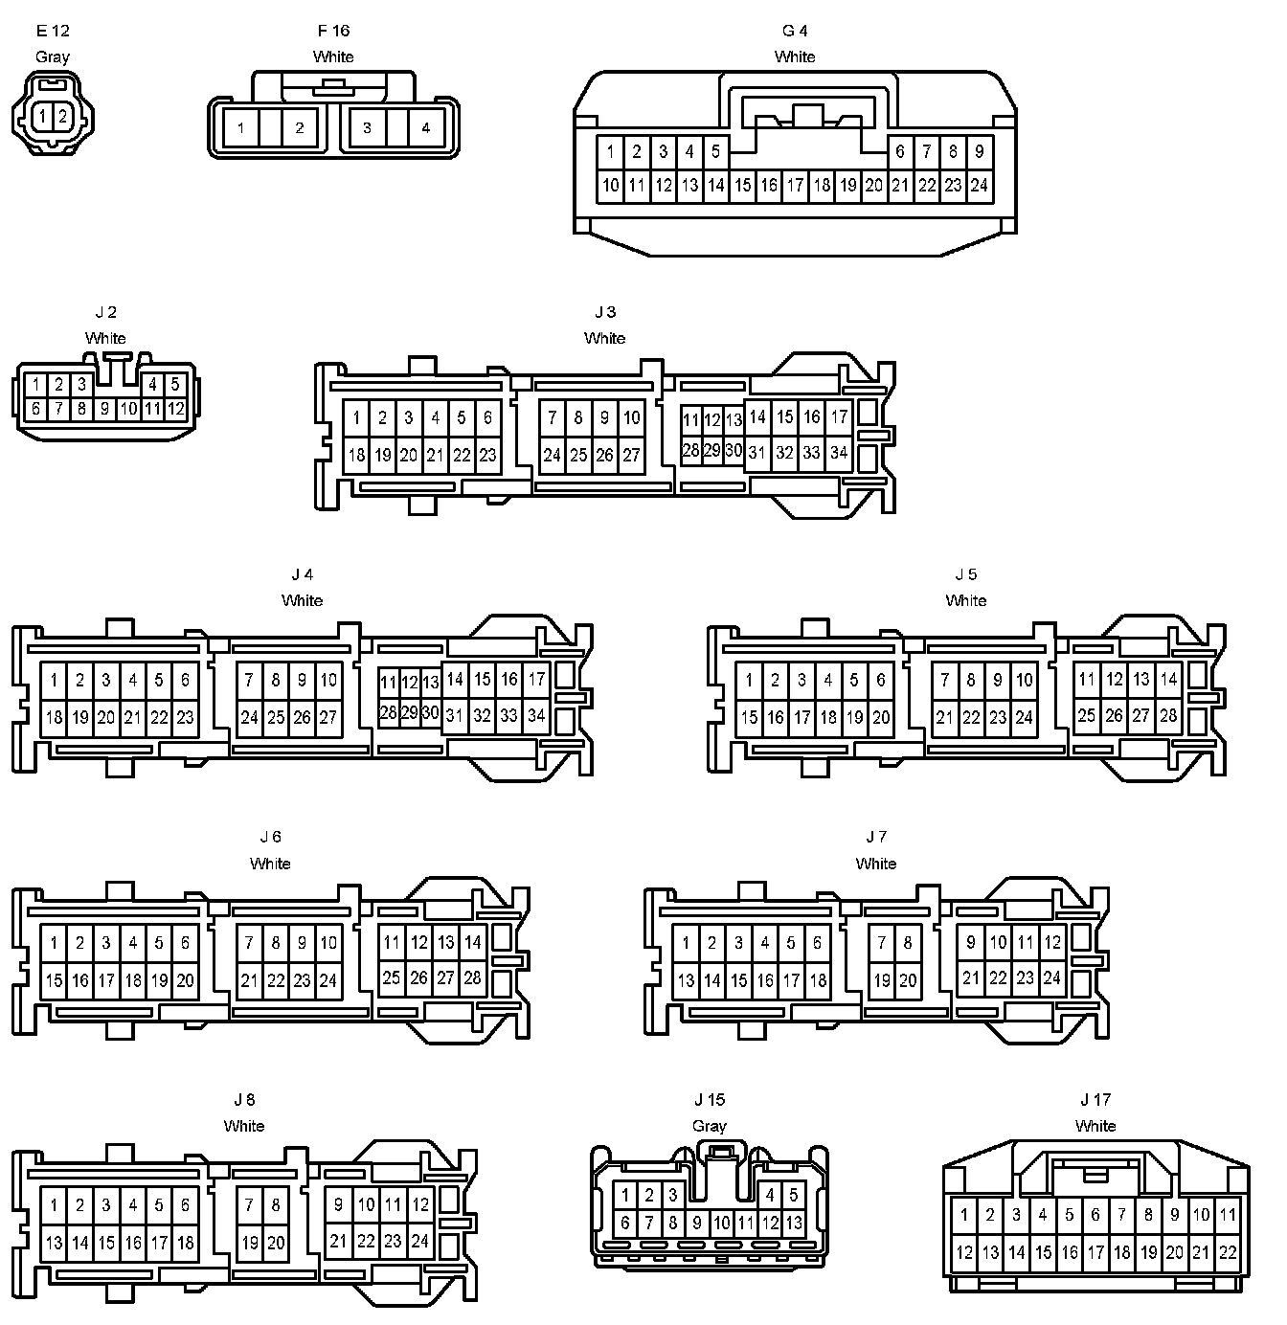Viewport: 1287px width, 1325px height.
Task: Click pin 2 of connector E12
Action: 62,117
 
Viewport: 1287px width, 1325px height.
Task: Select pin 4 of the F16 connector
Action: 425,128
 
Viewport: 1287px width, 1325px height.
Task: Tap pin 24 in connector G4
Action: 979,186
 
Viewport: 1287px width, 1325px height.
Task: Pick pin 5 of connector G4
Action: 715,151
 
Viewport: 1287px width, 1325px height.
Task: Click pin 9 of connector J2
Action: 105,410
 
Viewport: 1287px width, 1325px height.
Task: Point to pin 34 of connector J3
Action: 839,452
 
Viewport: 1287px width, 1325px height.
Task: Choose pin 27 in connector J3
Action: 631,456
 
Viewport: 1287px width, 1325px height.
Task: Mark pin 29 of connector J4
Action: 409,713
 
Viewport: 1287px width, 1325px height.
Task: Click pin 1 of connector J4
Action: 54,681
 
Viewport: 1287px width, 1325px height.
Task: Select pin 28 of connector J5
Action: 1168,715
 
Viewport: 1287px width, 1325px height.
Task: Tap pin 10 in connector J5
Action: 1025,681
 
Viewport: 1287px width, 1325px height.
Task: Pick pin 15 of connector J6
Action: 54,980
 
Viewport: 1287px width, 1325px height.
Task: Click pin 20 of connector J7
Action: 908,980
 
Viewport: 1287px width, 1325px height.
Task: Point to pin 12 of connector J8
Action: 420,1205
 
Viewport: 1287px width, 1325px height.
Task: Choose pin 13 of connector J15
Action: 794,1223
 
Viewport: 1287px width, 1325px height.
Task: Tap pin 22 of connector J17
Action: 1228,1252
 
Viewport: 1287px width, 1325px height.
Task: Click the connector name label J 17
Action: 1095,1100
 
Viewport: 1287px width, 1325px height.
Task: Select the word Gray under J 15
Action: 710,1126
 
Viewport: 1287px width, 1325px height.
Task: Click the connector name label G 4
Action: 795,31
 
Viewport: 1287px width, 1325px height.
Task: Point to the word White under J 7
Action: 875,864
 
